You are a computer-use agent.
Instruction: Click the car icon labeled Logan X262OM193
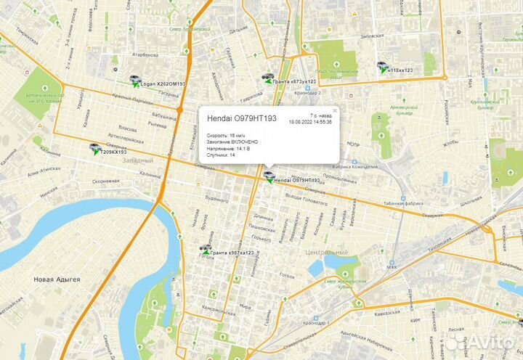click(x=135, y=80)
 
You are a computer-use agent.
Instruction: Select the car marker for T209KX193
click(x=95, y=149)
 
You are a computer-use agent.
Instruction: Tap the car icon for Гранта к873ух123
click(x=269, y=78)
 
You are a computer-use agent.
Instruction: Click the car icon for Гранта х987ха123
click(x=206, y=251)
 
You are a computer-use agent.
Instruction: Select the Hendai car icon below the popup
click(x=269, y=176)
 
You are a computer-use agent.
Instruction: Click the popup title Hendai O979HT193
click(x=242, y=118)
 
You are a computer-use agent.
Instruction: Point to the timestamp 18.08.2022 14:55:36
click(x=310, y=122)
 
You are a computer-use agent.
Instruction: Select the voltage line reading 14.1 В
click(x=229, y=148)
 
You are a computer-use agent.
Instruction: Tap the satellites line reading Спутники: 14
click(x=222, y=155)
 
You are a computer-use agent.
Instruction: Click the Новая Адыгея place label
click(x=57, y=279)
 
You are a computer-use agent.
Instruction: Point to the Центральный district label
click(x=326, y=252)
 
